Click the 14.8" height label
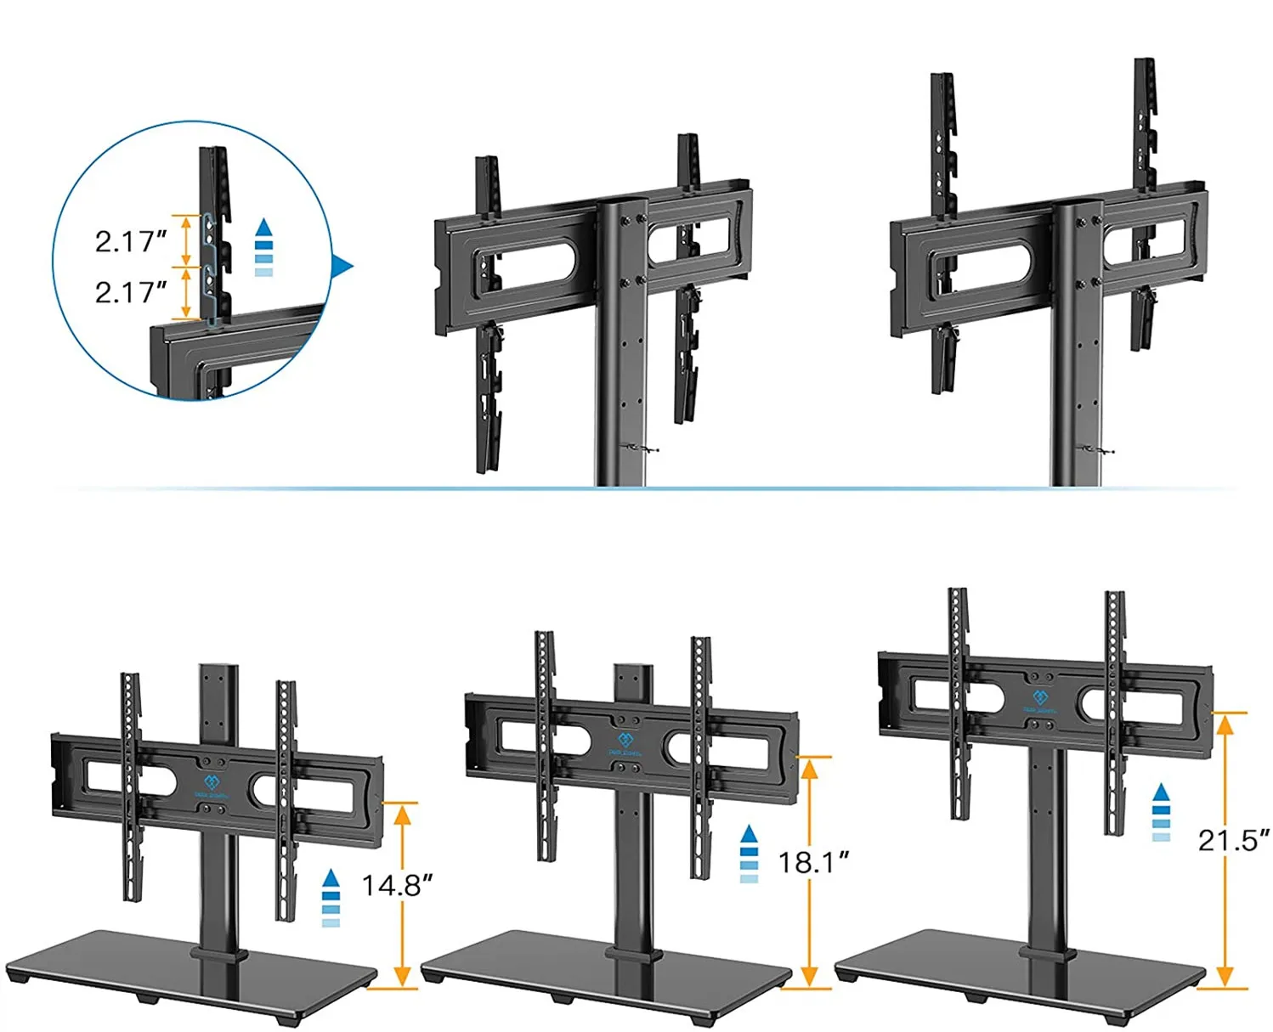(x=397, y=885)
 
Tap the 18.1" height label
(x=813, y=862)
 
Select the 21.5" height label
(x=1233, y=840)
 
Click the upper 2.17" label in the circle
(x=130, y=241)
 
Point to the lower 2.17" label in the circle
(x=130, y=292)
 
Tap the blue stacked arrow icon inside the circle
(x=264, y=248)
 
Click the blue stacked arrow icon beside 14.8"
(x=331, y=898)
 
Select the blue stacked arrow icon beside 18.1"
(x=749, y=854)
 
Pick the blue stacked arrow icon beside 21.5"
(x=1161, y=813)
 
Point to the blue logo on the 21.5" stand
(x=1039, y=701)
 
